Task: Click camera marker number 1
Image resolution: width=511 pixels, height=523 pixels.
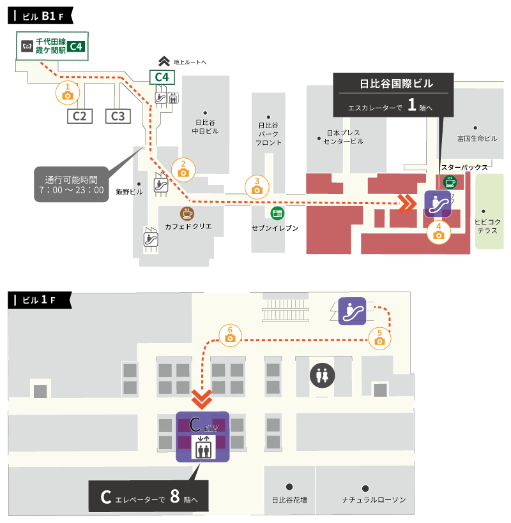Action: tap(68, 93)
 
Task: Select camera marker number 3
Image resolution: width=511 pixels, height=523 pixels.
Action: tap(257, 186)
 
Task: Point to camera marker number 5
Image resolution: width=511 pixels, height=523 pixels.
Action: tap(380, 338)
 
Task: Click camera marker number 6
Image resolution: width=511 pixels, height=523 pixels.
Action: tap(230, 335)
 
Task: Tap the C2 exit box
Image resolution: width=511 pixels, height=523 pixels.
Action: tap(80, 116)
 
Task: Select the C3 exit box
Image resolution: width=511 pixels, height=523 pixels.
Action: tap(118, 116)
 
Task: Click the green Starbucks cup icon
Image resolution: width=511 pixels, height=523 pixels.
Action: tap(450, 182)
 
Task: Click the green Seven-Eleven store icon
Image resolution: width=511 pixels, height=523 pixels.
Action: tap(277, 213)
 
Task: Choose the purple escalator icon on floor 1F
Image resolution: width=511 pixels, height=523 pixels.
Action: tap(352, 311)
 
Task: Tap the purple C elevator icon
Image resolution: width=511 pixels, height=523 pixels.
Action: tap(202, 437)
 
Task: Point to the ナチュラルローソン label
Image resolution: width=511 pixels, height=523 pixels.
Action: tap(374, 499)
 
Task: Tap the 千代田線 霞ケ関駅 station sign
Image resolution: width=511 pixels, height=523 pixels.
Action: tap(51, 46)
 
